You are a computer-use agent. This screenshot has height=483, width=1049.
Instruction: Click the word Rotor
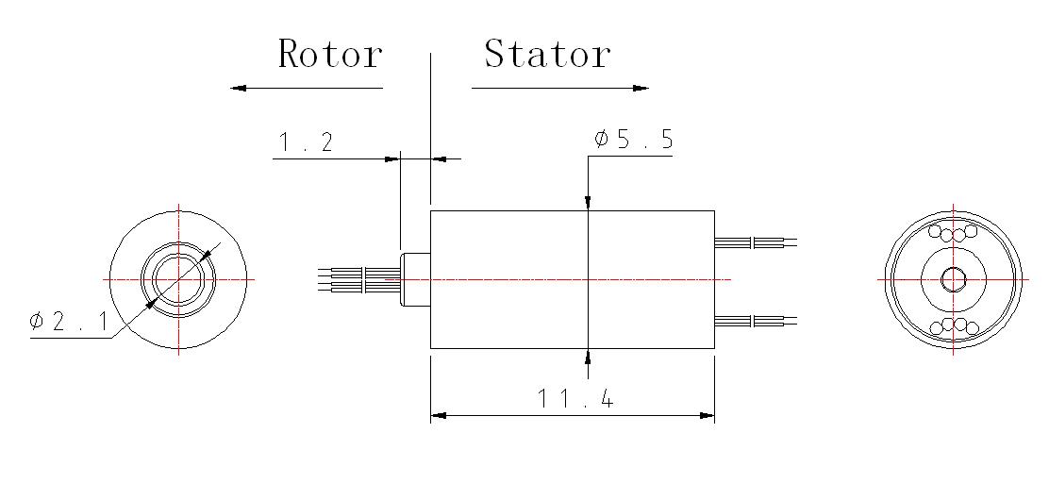329,54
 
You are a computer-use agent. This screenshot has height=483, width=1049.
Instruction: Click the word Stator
547,54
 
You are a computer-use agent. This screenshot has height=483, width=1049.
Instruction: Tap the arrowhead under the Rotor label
239,88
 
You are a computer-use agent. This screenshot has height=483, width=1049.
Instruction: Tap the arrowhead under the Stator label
641,89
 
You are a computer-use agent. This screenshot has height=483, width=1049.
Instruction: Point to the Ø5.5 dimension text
633,140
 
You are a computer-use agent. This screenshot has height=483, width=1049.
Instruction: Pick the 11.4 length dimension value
575,399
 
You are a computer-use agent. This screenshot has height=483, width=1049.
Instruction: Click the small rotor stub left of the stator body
415,279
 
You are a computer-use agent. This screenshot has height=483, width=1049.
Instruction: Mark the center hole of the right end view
953,279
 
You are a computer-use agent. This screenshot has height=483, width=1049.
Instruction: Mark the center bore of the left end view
178,279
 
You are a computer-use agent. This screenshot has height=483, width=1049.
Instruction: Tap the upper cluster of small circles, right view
953,232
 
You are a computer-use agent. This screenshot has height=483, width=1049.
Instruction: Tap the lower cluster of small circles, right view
953,326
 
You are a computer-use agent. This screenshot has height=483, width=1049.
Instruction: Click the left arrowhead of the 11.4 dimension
438,414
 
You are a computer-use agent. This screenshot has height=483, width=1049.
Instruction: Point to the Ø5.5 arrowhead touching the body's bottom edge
587,356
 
